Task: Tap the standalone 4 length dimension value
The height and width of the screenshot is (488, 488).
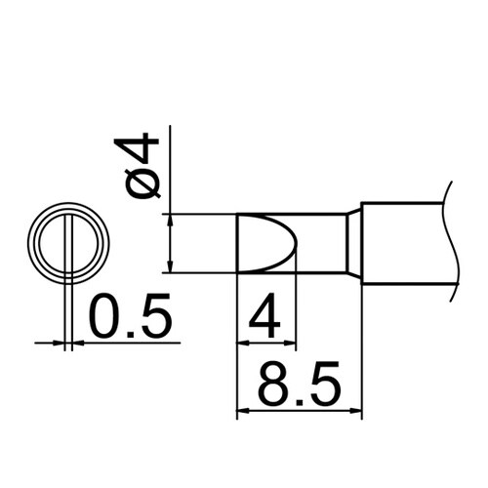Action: coord(266,318)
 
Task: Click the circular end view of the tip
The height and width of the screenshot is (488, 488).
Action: coord(68,243)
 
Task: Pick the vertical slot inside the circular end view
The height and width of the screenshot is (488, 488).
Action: coord(68,243)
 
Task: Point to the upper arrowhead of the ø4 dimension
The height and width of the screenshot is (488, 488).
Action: coord(171,219)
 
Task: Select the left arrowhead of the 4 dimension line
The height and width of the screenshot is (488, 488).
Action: coord(244,342)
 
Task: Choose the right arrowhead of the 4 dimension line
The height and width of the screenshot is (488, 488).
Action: coord(290,342)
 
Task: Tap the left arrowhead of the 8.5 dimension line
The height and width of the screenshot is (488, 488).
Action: coord(244,411)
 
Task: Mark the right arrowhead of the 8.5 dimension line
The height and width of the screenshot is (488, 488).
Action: coord(356,411)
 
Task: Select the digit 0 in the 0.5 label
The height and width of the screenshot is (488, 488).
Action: coord(106,318)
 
